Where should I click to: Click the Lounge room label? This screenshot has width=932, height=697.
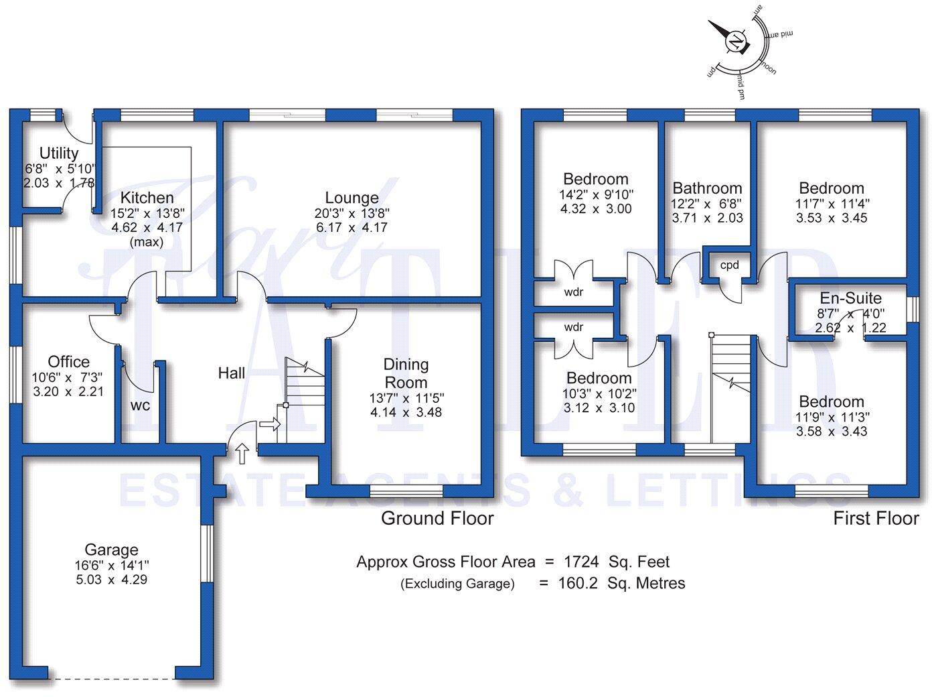click(352, 198)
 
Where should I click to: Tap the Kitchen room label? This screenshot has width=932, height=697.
click(147, 198)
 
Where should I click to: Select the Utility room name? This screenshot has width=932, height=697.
click(59, 153)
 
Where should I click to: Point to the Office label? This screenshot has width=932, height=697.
click(68, 362)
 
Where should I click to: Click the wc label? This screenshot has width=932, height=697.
click(140, 405)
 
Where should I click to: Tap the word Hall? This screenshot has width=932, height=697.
click(231, 373)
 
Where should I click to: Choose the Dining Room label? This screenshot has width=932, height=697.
click(406, 373)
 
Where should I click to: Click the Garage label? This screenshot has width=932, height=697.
click(111, 550)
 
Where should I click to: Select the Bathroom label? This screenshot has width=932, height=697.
click(707, 188)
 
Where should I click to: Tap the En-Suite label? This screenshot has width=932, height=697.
click(850, 298)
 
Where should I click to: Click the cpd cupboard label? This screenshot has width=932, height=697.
click(729, 265)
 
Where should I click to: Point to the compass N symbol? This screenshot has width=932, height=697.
click(736, 43)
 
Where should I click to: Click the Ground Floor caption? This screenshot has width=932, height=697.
click(437, 518)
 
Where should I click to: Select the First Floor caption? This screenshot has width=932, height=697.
click(876, 518)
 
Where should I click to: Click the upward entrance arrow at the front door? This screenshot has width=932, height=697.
click(242, 453)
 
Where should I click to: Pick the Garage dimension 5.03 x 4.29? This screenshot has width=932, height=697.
click(111, 580)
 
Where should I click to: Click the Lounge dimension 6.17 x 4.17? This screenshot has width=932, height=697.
click(352, 227)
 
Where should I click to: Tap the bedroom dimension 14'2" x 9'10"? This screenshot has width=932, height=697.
click(596, 194)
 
